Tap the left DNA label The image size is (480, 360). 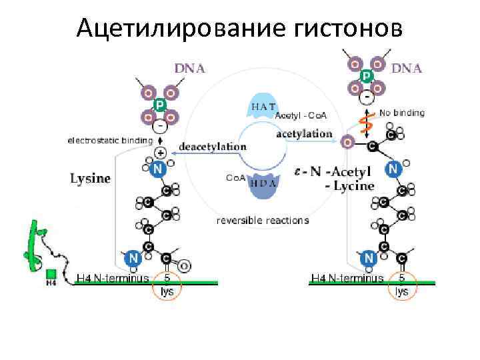[x=189, y=67]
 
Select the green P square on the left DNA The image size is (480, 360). [x=160, y=105]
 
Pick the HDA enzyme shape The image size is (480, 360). [x=265, y=186]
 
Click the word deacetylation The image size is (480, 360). [x=213, y=146]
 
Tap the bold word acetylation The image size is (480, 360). [x=304, y=133]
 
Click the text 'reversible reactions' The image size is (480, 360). [x=263, y=220]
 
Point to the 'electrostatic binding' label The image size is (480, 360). [x=110, y=140]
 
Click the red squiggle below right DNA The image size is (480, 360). [x=365, y=122]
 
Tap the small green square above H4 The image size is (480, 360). [x=51, y=273]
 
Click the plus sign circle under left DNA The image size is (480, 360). [x=160, y=152]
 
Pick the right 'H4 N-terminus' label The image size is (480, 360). [x=347, y=278]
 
